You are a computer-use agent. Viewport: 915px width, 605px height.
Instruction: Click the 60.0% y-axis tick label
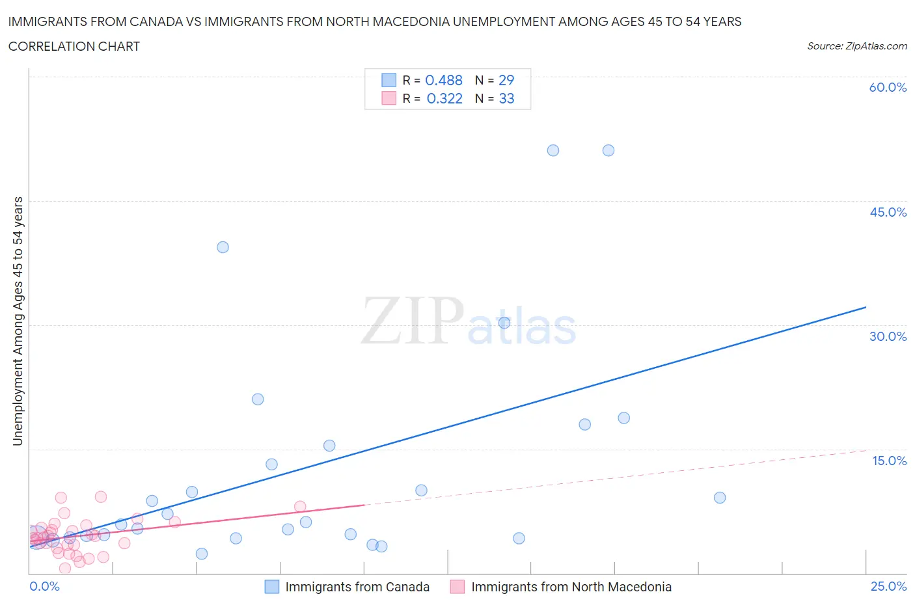click(x=888, y=87)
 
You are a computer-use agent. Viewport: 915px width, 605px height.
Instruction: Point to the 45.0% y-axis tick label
click(x=888, y=212)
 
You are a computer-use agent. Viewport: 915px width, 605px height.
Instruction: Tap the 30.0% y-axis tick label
click(x=888, y=336)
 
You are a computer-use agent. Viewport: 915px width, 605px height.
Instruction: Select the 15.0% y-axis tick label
click(x=889, y=461)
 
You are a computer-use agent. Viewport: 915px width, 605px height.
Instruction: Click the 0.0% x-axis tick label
click(x=44, y=586)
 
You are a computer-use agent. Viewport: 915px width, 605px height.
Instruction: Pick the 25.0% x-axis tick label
click(x=888, y=586)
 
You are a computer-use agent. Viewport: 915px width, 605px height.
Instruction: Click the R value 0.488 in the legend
click(x=444, y=80)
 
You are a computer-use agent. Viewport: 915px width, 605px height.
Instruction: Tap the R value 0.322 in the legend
click(x=444, y=98)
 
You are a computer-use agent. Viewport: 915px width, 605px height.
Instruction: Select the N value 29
click(x=506, y=80)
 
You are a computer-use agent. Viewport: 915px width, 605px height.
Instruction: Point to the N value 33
click(x=506, y=98)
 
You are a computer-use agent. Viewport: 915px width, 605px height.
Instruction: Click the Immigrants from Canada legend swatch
click(x=272, y=587)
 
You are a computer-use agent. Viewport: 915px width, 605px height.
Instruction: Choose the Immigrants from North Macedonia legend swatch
click(x=457, y=587)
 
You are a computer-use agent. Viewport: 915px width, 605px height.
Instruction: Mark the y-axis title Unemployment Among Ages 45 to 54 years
click(x=18, y=321)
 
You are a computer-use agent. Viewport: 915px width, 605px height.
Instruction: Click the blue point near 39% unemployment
click(x=223, y=247)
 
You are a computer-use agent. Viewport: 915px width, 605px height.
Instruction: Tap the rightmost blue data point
click(x=720, y=498)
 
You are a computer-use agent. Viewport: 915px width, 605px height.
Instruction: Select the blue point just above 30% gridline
click(x=504, y=323)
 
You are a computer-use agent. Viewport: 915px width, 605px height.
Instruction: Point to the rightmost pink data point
click(x=300, y=507)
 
